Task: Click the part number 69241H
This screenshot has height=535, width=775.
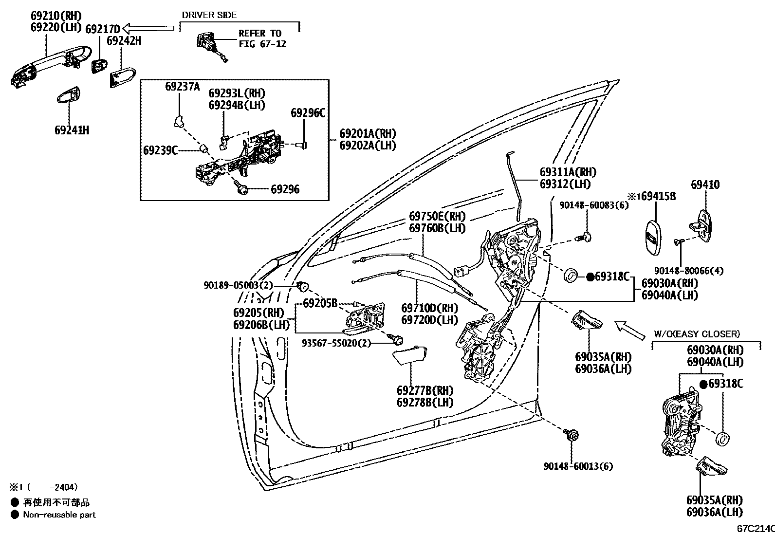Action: point(72,130)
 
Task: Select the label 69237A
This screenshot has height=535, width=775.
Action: point(182,87)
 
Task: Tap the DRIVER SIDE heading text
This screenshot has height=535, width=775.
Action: point(209,15)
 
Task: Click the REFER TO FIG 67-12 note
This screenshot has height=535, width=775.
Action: point(261,38)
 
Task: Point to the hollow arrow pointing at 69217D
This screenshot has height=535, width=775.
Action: point(148,28)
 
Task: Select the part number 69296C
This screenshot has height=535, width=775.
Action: point(308,113)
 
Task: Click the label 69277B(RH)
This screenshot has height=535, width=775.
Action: point(424,390)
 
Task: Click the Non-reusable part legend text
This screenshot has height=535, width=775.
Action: point(59,515)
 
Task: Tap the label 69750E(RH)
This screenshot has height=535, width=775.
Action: point(437,216)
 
